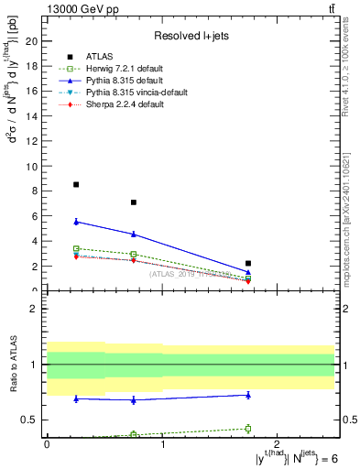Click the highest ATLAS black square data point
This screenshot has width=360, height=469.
[x=76, y=184]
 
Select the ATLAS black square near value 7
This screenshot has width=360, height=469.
[x=134, y=202]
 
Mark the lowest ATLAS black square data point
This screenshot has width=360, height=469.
[x=248, y=263]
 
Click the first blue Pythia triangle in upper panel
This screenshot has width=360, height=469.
[x=76, y=222]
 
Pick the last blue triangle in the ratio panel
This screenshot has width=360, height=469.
[x=248, y=395]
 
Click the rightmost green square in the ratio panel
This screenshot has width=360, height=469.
[x=248, y=428]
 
